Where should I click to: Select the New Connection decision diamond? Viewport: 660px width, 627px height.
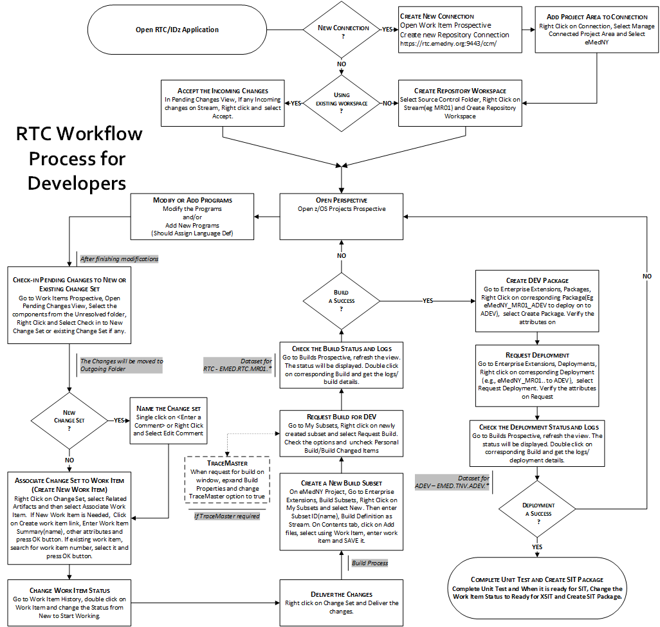pos(344,30)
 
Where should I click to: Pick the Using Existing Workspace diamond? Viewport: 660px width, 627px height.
pos(342,102)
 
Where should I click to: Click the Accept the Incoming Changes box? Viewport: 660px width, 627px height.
pos(223,103)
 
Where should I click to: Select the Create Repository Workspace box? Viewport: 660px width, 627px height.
pos(459,103)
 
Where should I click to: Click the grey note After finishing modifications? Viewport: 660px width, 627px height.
pos(119,259)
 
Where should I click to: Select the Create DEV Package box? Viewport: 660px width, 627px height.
pos(538,300)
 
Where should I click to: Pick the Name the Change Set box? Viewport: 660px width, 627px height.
pos(169,421)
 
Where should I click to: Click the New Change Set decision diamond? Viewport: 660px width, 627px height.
pos(69,421)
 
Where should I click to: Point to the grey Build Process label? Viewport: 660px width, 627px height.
pos(369,563)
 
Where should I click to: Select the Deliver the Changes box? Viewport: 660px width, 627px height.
pos(342,599)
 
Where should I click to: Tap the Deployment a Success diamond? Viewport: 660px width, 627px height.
pos(538,509)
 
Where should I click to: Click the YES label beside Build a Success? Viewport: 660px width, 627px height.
pos(427,300)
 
